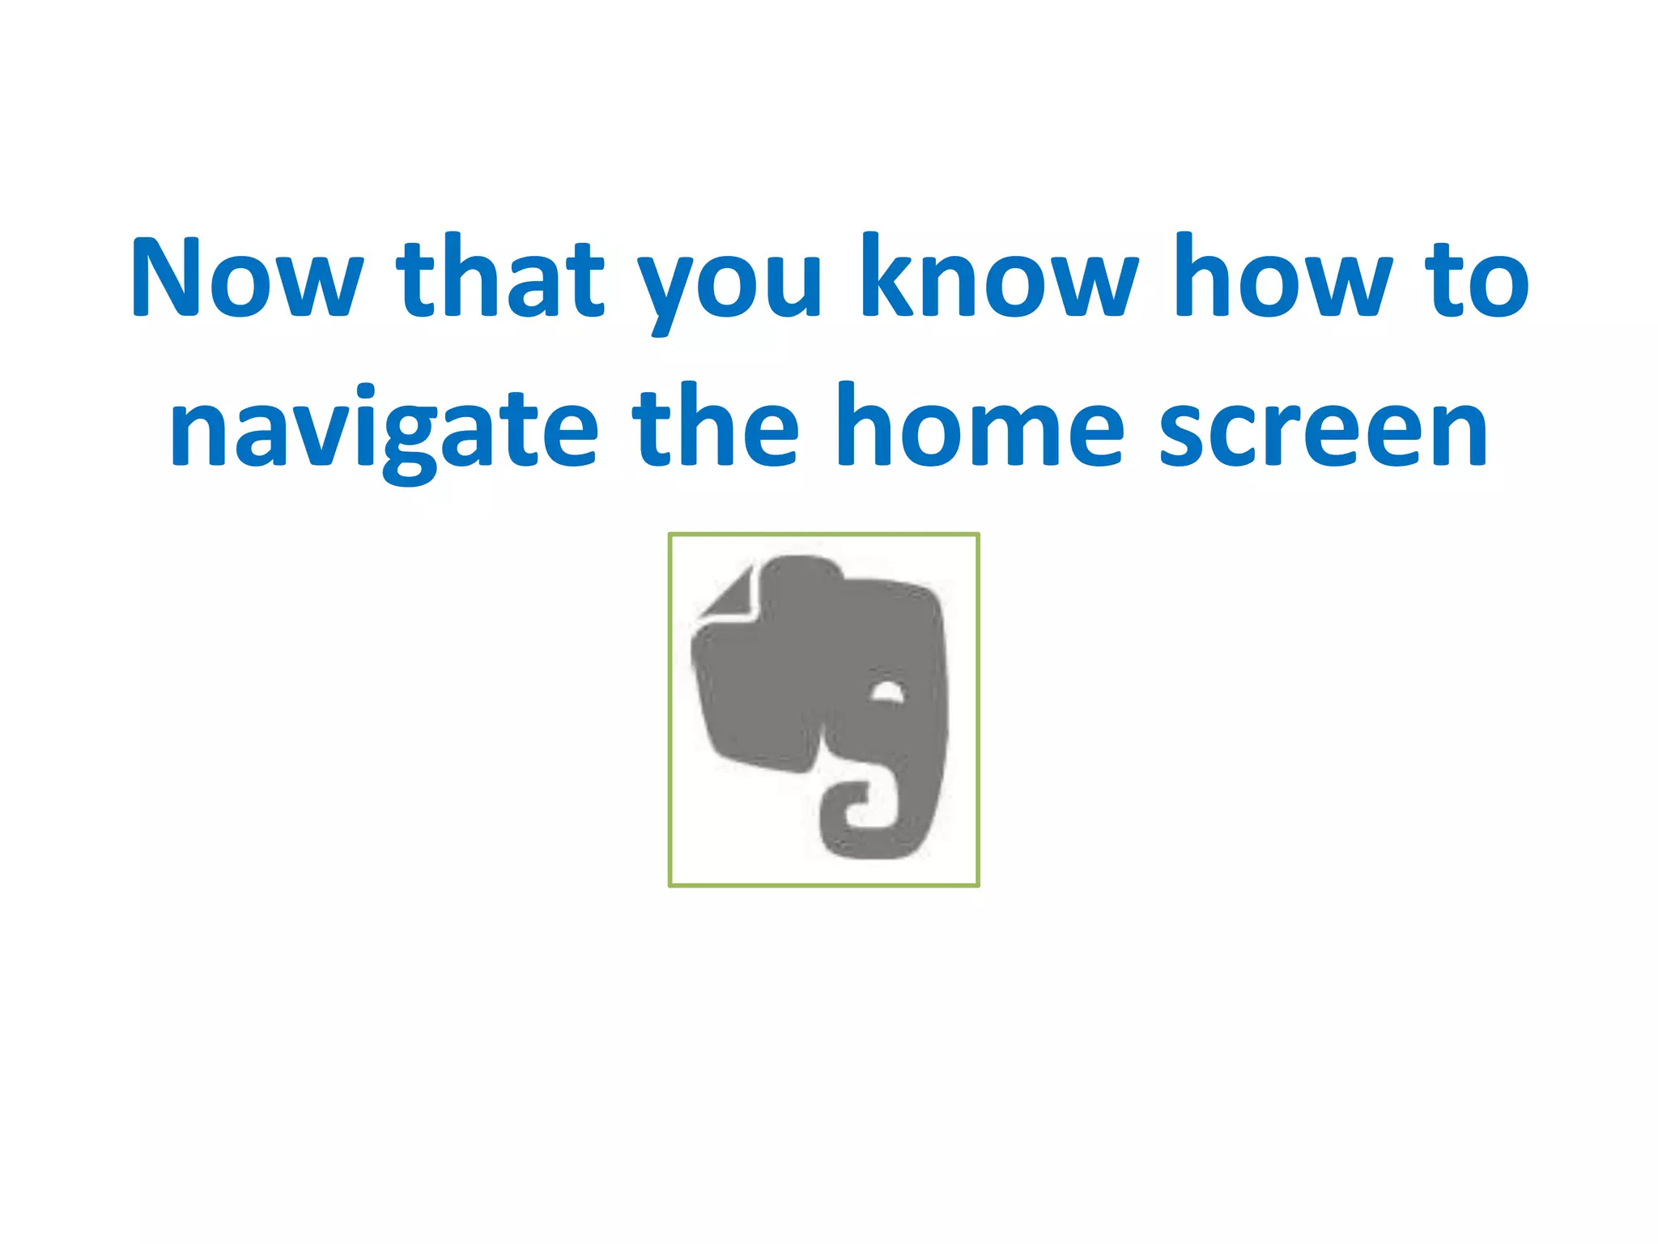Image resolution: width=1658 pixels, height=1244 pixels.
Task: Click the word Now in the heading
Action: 247,277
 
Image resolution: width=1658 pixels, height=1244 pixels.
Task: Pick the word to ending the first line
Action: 1477,279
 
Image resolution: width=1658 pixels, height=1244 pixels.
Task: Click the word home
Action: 979,425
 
